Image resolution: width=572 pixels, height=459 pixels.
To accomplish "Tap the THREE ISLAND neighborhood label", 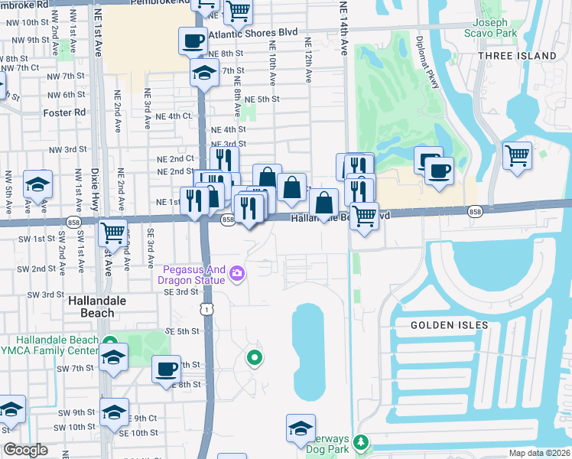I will pyautogui.click(x=517, y=56).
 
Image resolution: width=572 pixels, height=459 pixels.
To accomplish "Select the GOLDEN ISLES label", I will pyautogui.click(x=449, y=325).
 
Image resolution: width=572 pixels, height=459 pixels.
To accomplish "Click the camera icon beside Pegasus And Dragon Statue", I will pyautogui.click(x=237, y=273).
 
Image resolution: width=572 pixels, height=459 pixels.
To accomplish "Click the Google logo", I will pyautogui.click(x=25, y=450).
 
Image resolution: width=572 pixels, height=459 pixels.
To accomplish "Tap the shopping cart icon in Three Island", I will pyautogui.click(x=518, y=155).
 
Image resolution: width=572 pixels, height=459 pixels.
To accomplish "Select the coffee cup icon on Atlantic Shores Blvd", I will pyautogui.click(x=193, y=41).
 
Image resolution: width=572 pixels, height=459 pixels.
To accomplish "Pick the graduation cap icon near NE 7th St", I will pyautogui.click(x=204, y=73).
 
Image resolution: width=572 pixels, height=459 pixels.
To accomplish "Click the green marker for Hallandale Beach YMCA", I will pyautogui.click(x=109, y=342).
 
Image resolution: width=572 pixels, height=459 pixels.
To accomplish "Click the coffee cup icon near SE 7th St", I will pyautogui.click(x=166, y=370).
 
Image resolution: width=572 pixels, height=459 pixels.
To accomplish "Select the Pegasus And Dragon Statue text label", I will pyautogui.click(x=194, y=275).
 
